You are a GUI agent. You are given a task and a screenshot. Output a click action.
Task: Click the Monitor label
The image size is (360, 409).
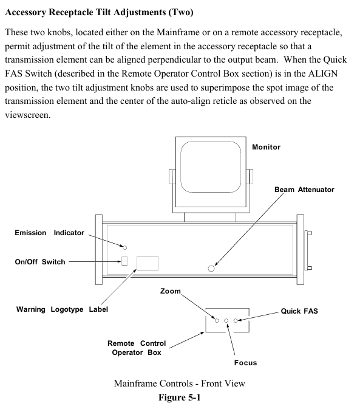pos(267,147)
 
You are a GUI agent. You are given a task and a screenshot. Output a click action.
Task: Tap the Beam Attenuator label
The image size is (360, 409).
pos(304,190)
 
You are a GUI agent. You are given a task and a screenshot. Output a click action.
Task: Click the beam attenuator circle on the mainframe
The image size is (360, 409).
pos(211,268)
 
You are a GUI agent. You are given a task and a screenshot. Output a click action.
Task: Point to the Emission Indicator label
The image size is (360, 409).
pos(50,233)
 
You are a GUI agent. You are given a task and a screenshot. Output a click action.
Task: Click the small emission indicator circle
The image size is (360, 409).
pos(125,247)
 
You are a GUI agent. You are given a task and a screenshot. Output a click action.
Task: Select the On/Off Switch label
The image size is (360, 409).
pos(40,262)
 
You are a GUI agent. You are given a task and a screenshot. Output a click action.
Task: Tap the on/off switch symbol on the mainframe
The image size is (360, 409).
pos(124,261)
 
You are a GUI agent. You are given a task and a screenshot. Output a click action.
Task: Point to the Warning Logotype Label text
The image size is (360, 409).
pos(62,309)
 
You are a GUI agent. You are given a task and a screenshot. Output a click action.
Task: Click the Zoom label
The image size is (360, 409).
pos(171,291)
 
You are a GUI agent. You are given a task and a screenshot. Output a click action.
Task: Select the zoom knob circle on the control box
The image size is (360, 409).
pos(217,320)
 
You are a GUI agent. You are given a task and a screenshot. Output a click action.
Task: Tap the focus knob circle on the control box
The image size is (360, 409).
pos(226,320)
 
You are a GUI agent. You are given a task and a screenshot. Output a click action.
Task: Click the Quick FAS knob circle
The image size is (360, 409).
pos(236,320)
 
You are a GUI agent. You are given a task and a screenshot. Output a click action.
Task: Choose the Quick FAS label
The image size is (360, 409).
pos(299,311)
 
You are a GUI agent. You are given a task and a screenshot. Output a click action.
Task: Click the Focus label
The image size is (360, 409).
pos(245,363)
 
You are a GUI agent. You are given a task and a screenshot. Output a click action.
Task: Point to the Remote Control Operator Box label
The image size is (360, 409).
pos(137,348)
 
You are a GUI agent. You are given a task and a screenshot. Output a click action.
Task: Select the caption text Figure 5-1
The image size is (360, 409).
pos(180,397)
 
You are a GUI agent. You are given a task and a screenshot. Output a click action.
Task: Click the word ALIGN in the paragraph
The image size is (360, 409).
pos(323,74)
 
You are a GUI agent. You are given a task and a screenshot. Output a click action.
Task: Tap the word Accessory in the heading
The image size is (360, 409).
pos(25,13)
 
